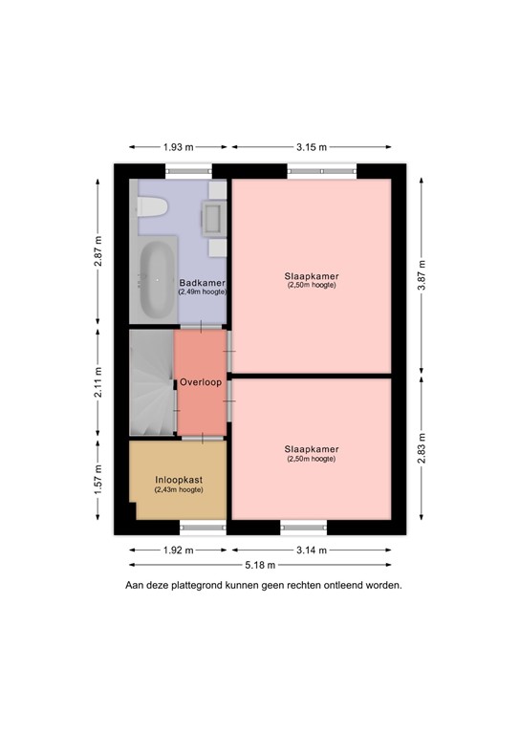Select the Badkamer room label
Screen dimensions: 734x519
(x=202, y=283)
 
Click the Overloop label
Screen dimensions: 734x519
(x=201, y=382)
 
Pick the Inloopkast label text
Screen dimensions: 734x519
(x=179, y=480)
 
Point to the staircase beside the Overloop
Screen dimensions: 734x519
(x=151, y=382)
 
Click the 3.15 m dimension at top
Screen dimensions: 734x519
(x=312, y=147)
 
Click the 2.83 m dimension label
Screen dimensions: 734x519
(x=422, y=447)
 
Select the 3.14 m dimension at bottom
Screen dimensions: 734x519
(x=311, y=550)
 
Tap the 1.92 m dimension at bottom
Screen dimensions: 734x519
(x=179, y=550)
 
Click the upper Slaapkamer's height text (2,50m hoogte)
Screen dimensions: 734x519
(x=312, y=286)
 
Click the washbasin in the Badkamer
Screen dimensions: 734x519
(x=215, y=219)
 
